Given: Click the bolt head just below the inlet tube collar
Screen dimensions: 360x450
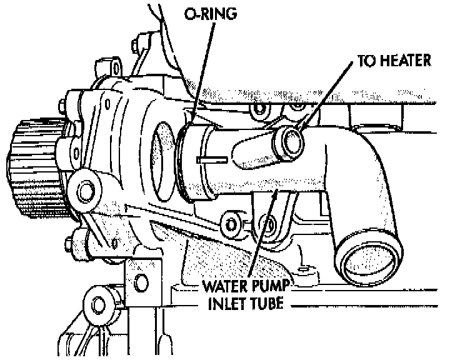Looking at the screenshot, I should click(x=231, y=221).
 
